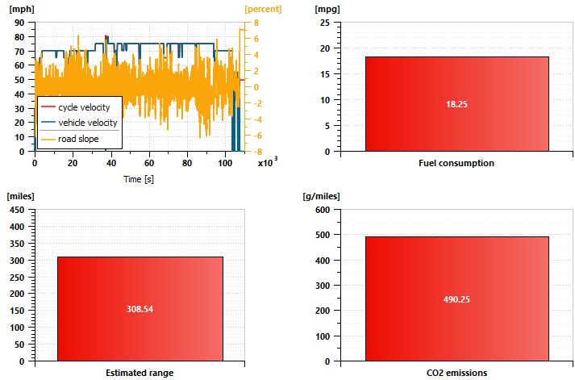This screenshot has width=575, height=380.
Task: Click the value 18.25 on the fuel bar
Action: pyautogui.click(x=456, y=104)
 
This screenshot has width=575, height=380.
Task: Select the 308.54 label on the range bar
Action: pyautogui.click(x=140, y=308)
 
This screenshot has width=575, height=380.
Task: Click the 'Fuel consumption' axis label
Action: pyautogui.click(x=456, y=163)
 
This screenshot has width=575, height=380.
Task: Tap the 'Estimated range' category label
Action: pyautogui.click(x=140, y=373)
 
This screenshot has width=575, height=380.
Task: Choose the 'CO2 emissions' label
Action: pyautogui.click(x=456, y=373)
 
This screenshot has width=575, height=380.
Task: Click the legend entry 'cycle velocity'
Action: pyautogui.click(x=90, y=107)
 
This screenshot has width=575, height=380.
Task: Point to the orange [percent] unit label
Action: pyautogui.click(x=264, y=9)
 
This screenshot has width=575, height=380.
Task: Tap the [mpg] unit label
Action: pyautogui.click(x=327, y=9)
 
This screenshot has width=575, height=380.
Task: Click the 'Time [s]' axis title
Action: pyautogui.click(x=139, y=178)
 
